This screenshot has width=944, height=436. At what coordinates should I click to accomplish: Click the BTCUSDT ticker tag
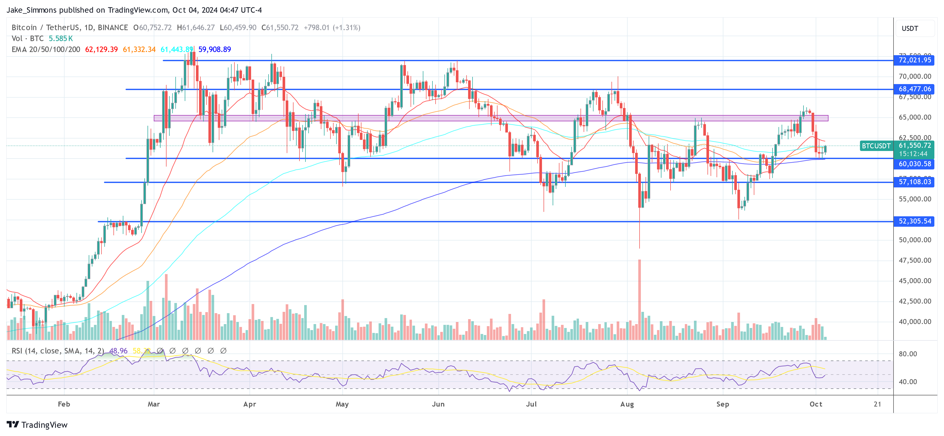[x=876, y=146]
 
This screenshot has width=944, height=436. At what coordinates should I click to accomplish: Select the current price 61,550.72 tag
[x=915, y=146]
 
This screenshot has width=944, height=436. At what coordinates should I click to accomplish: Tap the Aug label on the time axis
[x=627, y=404]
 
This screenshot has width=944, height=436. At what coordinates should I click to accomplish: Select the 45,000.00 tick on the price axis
[x=915, y=281]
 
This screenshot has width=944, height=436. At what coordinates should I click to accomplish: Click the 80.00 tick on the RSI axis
[x=908, y=354]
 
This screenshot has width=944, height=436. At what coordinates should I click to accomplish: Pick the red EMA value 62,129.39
[x=101, y=49]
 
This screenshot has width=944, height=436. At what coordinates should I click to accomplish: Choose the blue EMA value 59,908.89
[x=214, y=49]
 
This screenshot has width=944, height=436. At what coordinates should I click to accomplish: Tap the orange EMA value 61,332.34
[x=139, y=49]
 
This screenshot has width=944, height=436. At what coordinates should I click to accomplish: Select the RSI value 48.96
[x=118, y=351]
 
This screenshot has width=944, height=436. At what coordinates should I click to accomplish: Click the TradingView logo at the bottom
[x=37, y=425]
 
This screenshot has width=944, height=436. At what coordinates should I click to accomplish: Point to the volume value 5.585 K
[x=61, y=39]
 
